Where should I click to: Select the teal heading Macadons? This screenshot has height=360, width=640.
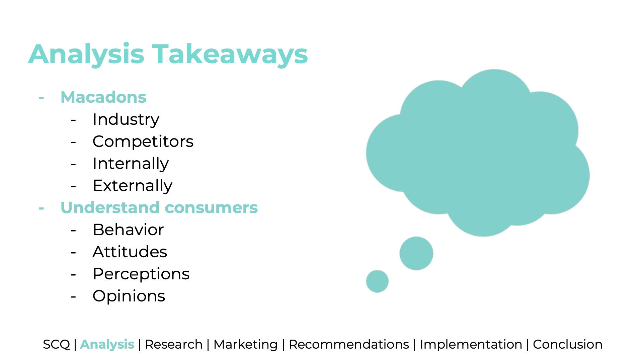tap(103, 97)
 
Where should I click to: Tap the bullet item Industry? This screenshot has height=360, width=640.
tap(126, 120)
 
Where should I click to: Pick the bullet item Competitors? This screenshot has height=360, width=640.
tap(143, 142)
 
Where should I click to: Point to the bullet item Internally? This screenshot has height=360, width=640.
tap(131, 164)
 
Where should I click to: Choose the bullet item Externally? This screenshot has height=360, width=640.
tap(133, 186)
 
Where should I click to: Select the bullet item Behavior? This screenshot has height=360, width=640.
tap(128, 230)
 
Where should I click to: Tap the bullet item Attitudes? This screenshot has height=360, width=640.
tap(130, 252)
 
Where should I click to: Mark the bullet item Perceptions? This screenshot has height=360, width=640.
tap(141, 274)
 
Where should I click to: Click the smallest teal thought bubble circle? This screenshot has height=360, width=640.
tap(377, 281)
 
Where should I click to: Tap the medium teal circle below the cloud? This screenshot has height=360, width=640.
tap(416, 253)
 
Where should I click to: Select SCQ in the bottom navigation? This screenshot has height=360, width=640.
tap(56, 345)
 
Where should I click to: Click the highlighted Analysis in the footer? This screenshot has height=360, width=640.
tap(107, 345)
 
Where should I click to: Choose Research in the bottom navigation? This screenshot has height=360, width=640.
tap(174, 344)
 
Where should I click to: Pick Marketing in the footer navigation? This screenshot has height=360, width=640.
tap(246, 345)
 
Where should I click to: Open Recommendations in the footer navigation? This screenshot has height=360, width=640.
tap(349, 344)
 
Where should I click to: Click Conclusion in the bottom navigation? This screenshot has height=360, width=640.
tap(568, 344)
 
